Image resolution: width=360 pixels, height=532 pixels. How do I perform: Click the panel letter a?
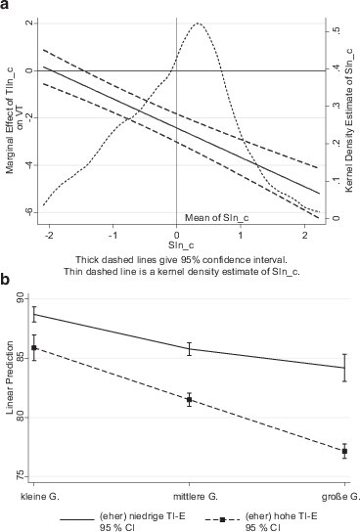[x=6, y=7]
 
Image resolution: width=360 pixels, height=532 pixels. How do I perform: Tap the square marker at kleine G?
[x=34, y=348]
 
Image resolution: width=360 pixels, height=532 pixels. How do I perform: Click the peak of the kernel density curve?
[x=199, y=23]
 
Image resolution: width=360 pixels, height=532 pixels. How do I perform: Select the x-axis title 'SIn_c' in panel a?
[x=177, y=245]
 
